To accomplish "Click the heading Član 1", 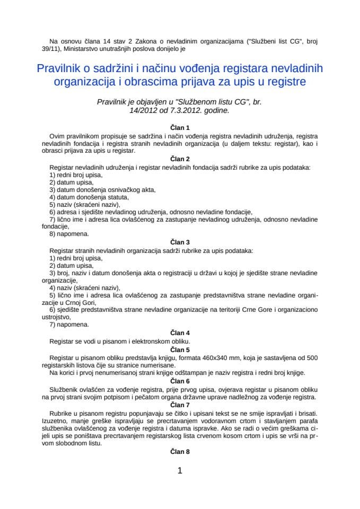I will pyautogui.click(x=180, y=128).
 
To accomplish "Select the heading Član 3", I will pyautogui.click(x=180, y=242).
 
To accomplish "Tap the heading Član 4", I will pyautogui.click(x=180, y=333).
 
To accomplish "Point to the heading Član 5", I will pyautogui.click(x=180, y=349).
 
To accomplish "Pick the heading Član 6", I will pyautogui.click(x=180, y=381).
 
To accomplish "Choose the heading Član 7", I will pyautogui.click(x=180, y=405).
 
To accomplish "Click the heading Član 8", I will pyautogui.click(x=180, y=452).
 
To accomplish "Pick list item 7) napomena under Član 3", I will pyautogui.click(x=69, y=324).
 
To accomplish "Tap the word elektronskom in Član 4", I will pyautogui.click(x=145, y=341).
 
